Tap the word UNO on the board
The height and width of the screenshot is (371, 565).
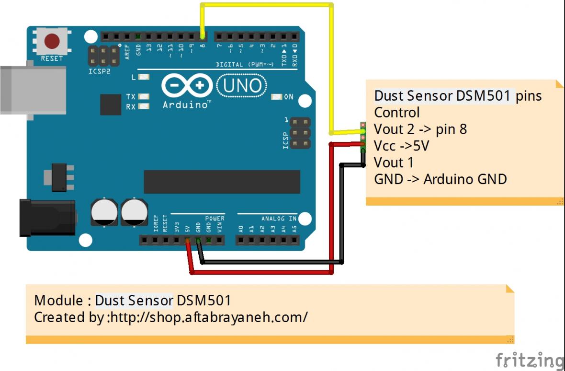pyautogui.click(x=242, y=86)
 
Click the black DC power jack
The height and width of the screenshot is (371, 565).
pyautogui.click(x=47, y=218)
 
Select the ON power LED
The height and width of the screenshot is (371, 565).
pyautogui.click(x=276, y=97)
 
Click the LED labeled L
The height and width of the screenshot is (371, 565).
pyautogui.click(x=143, y=77)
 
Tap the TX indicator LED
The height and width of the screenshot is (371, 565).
pyautogui.click(x=143, y=96)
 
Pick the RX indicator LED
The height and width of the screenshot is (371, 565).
pyautogui.click(x=143, y=106)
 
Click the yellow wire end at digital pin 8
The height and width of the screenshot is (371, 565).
pyautogui.click(x=203, y=36)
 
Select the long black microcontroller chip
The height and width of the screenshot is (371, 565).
pyautogui.click(x=222, y=182)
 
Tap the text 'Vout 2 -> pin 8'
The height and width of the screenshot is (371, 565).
pyautogui.click(x=420, y=129)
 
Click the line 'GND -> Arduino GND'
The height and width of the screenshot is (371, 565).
pyautogui.click(x=440, y=179)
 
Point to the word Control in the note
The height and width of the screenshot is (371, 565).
pyautogui.click(x=396, y=113)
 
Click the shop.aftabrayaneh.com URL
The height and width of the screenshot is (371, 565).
pyautogui.click(x=209, y=317)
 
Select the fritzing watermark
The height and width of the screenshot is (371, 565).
pyautogui.click(x=530, y=360)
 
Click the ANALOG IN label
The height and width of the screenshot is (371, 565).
pyautogui.click(x=279, y=219)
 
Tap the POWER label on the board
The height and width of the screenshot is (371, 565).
pyautogui.click(x=215, y=219)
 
